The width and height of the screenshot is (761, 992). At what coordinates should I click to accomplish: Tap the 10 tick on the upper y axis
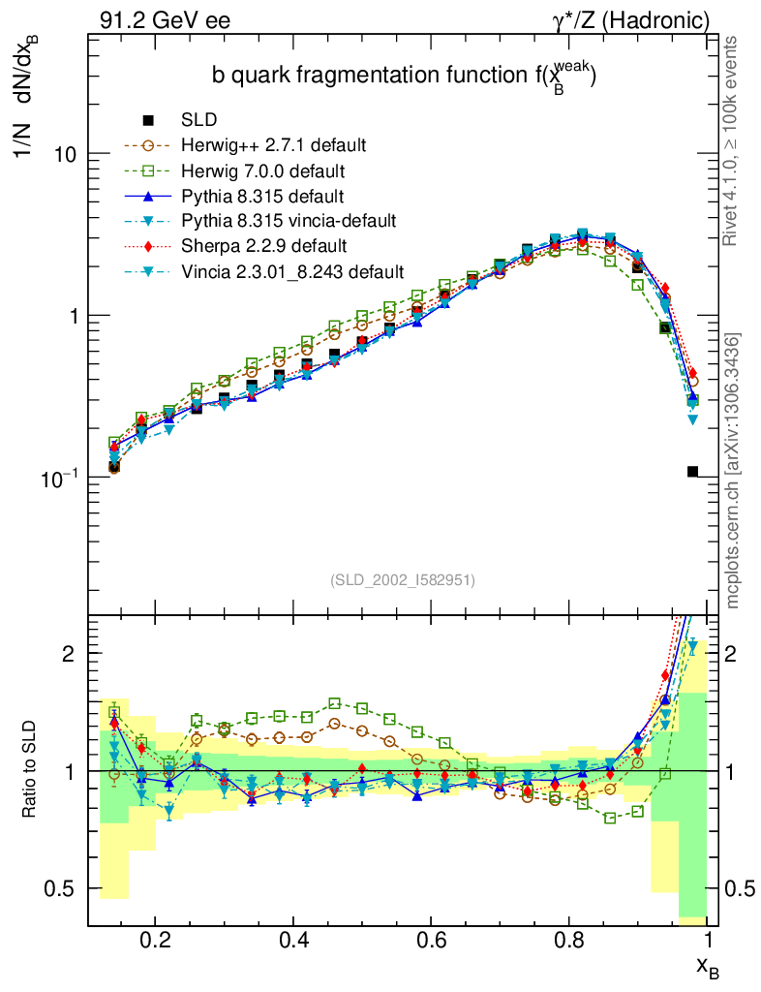click(x=66, y=154)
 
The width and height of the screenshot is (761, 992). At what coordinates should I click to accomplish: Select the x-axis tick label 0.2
click(x=155, y=941)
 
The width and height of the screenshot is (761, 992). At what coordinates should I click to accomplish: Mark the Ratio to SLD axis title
click(x=32, y=771)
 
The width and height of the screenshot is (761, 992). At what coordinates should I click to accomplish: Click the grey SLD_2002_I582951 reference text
click(x=403, y=580)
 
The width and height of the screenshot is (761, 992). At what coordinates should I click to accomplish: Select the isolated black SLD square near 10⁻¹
click(x=692, y=472)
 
